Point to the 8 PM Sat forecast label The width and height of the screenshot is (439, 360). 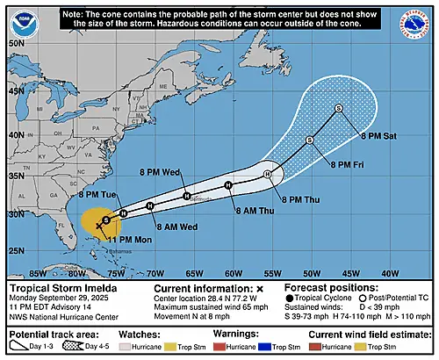click(x=380, y=135)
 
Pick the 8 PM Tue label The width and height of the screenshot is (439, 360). click(x=95, y=194)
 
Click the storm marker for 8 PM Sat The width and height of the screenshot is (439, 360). click(x=338, y=107)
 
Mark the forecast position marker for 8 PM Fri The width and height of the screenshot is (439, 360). click(x=309, y=140)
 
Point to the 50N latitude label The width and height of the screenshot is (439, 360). click(x=15, y=42)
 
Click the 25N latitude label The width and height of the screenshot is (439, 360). click(x=15, y=251)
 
